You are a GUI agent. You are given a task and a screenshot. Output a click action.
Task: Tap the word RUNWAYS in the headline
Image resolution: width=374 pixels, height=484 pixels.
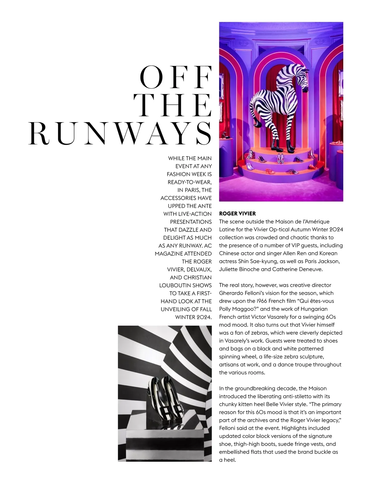pyautogui.click(x=120, y=133)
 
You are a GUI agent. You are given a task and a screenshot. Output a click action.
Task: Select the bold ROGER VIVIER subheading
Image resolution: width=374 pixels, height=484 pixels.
pyautogui.click(x=237, y=213)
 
